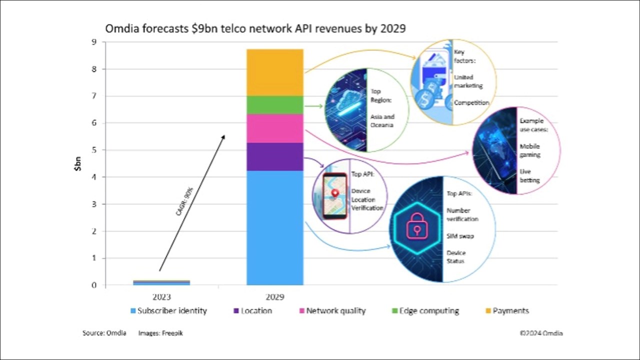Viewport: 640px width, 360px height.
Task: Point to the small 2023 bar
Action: (x=161, y=283)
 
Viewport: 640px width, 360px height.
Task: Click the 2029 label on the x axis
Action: (x=275, y=297)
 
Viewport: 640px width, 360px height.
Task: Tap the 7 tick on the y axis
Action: (x=94, y=96)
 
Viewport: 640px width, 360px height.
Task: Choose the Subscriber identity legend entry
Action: (x=168, y=311)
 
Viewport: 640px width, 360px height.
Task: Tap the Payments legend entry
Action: (x=506, y=311)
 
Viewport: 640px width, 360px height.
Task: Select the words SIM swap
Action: (x=460, y=236)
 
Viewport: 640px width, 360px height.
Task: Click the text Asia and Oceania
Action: (x=382, y=120)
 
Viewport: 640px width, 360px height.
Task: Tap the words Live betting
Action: (x=529, y=175)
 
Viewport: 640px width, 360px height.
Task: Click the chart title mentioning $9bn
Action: (x=255, y=29)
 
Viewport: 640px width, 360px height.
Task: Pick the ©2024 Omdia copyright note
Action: (x=541, y=333)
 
